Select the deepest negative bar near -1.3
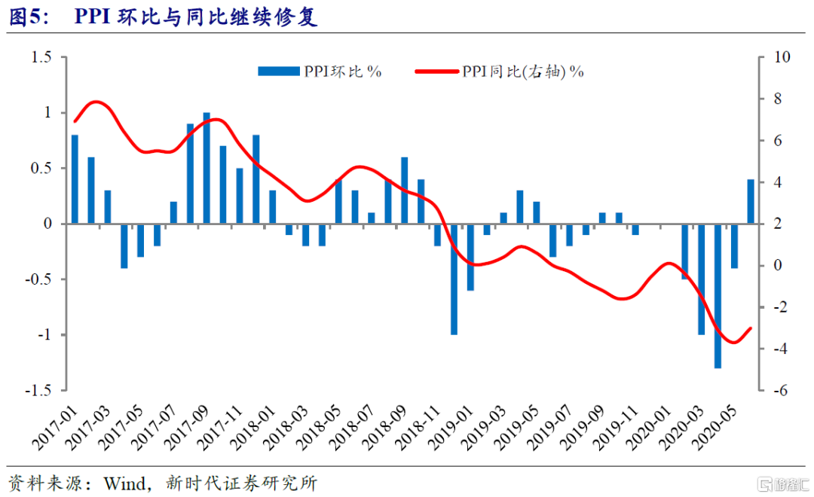coord(718,295)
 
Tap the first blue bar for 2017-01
coord(75,179)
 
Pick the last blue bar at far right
coord(751,201)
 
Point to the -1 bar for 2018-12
coord(454,279)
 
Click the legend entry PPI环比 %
coord(320,72)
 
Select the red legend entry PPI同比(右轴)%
coord(500,72)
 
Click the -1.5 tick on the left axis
coord(38,391)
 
